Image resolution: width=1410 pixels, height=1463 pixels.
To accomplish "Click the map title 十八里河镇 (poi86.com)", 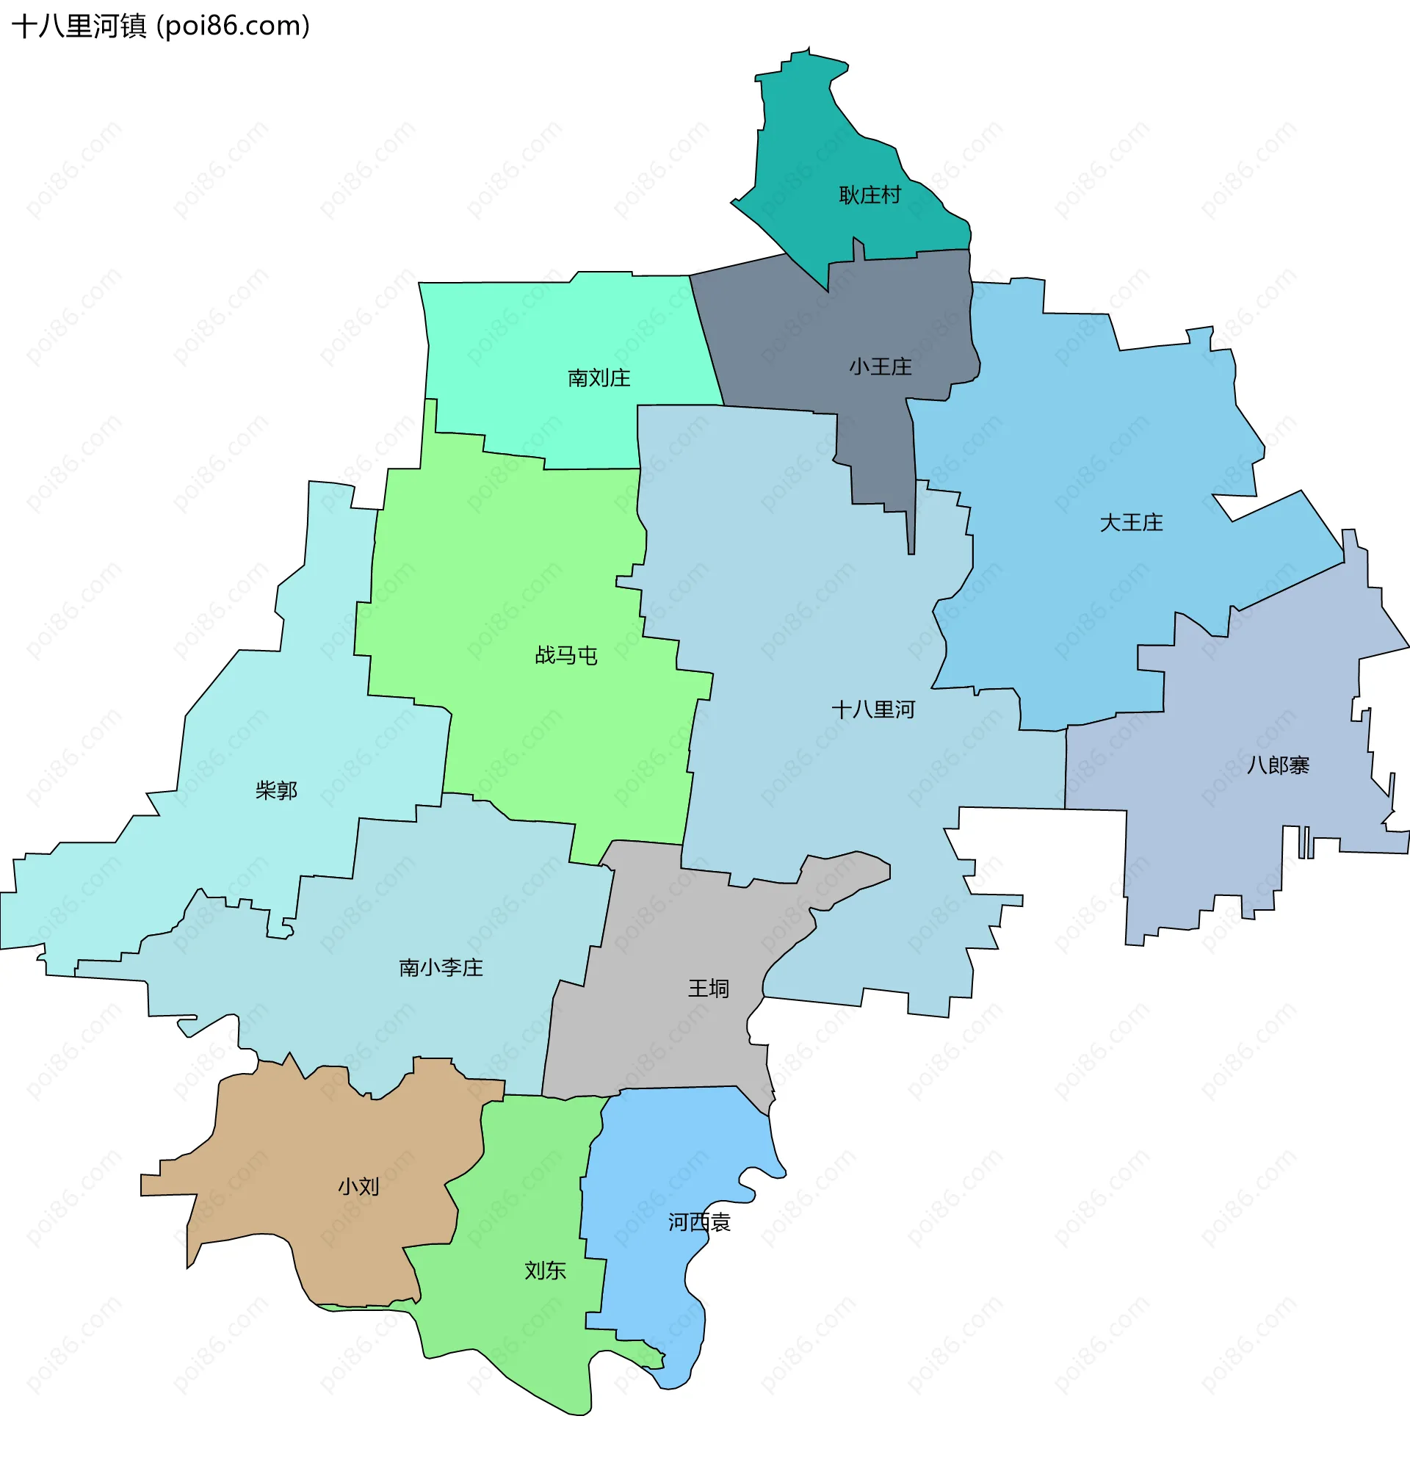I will (161, 26).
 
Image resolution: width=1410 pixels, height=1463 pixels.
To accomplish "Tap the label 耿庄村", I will (869, 195).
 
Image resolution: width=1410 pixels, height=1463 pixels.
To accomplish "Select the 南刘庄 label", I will (599, 378).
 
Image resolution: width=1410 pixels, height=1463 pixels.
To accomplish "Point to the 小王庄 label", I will (880, 367).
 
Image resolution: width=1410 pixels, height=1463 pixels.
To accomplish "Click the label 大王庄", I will (1131, 523).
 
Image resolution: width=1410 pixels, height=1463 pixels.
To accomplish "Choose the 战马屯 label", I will (565, 656).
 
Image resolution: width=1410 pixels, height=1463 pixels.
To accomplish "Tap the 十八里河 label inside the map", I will (872, 710).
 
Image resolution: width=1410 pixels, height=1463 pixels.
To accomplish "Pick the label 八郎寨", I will (1277, 766).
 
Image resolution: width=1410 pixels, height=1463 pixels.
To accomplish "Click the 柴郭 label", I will (276, 790).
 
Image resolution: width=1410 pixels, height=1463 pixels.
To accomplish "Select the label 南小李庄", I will (441, 969).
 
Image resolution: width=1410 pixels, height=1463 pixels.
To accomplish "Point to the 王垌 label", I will (708, 990).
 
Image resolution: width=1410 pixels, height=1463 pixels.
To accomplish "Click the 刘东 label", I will (545, 1271).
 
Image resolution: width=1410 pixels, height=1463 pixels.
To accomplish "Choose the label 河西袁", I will (698, 1223).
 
